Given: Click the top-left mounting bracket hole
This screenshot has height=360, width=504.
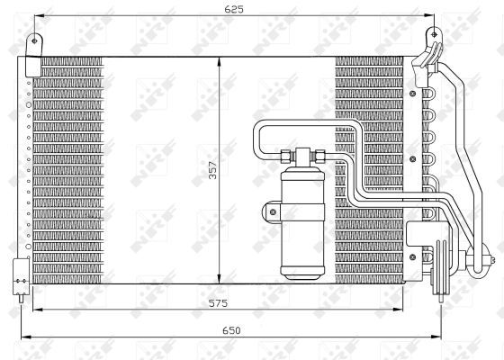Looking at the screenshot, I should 36,40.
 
